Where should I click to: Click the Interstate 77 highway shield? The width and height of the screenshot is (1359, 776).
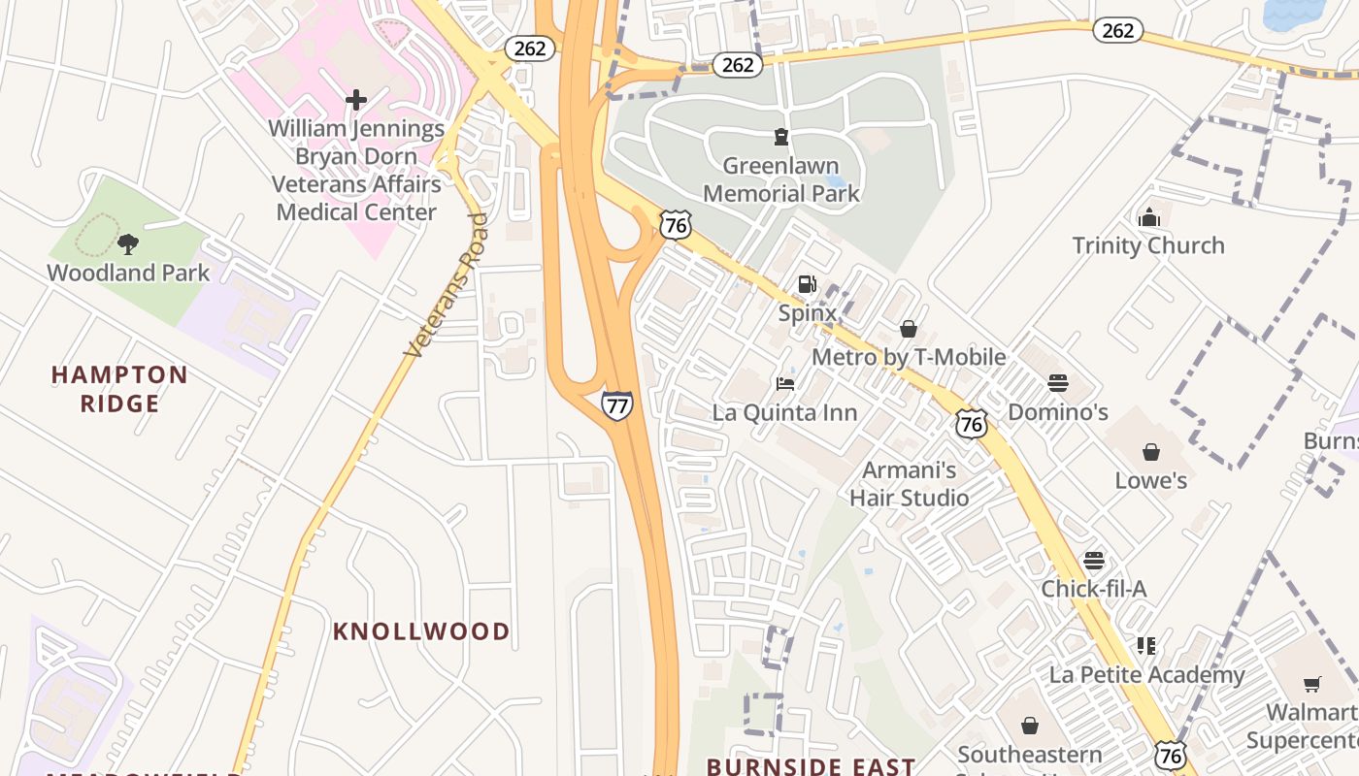click(616, 404)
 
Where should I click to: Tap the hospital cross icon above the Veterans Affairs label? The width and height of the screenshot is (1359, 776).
click(356, 99)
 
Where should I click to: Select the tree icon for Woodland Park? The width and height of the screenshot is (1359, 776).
click(127, 243)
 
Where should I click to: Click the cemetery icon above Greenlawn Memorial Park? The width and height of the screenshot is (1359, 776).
click(780, 136)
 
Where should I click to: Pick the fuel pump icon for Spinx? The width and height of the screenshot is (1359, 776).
click(807, 284)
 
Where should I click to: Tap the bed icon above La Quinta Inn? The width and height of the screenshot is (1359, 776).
click(785, 384)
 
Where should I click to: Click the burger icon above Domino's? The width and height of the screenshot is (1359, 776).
click(1057, 383)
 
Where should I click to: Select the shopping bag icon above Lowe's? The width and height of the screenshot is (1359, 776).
click(1150, 452)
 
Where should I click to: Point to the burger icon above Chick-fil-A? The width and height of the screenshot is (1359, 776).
click(1093, 561)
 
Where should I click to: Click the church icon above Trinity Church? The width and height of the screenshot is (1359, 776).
click(1148, 216)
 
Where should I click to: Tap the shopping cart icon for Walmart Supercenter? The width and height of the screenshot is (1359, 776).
click(1312, 685)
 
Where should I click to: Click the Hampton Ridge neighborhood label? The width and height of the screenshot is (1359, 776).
click(119, 389)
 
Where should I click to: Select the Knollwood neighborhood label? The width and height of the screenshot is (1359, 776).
click(420, 631)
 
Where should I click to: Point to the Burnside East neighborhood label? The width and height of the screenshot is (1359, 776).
click(811, 766)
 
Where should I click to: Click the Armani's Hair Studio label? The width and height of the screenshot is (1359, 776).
click(909, 484)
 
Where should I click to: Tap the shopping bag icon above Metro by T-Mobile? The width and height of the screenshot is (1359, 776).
click(908, 329)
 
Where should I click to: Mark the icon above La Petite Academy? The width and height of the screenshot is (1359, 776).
click(1146, 646)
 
